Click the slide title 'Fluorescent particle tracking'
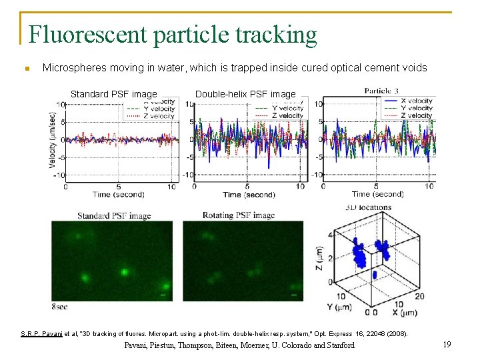point(173,34)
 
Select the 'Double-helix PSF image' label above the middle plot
point(245,94)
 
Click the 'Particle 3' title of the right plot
point(382,90)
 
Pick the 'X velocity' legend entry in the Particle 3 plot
point(409,101)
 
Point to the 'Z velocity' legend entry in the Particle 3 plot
point(409,116)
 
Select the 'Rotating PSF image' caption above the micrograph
point(238,215)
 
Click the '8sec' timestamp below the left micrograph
point(59,306)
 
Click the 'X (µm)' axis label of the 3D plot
point(406,312)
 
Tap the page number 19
point(447,345)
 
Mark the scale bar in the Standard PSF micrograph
point(163,293)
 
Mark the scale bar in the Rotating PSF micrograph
point(294,293)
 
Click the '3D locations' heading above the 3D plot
point(369,207)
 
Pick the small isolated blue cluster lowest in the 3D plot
point(374,274)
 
